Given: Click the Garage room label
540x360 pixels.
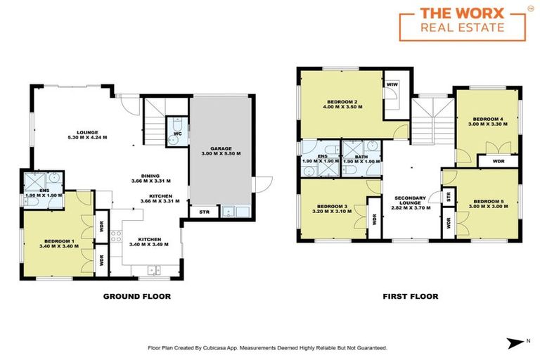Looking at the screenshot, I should [x=218, y=150].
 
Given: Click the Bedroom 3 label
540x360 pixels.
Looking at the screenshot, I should [x=333, y=203].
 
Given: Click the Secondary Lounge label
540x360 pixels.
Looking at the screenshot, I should [x=411, y=200].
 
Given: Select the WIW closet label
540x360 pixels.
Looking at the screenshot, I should [x=392, y=84].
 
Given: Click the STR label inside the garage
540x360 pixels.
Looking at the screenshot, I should [x=204, y=211].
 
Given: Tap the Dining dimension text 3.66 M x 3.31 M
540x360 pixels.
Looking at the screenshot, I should [x=151, y=181].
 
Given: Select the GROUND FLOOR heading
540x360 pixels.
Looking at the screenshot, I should [x=137, y=297].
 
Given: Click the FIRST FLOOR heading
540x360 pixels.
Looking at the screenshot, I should [x=411, y=297].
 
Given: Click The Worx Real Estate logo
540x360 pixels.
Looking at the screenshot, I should [x=465, y=22].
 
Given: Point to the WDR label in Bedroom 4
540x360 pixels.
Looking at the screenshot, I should [x=499, y=161].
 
